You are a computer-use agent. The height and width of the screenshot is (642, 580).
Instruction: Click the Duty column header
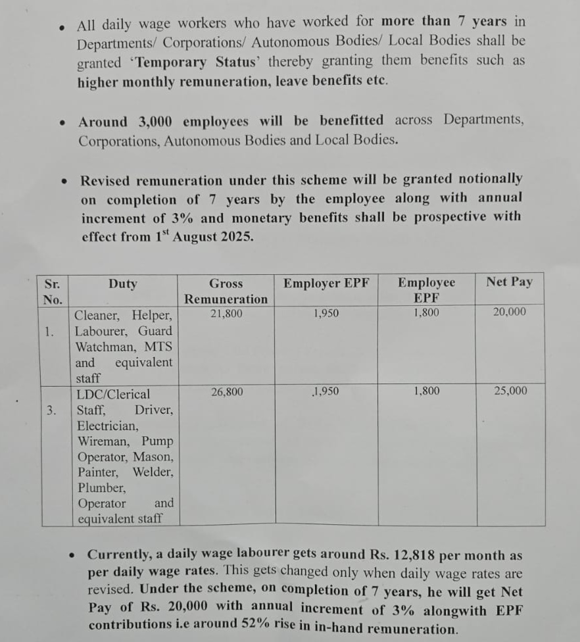(x=123, y=284)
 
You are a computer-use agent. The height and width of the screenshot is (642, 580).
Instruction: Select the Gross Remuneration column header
(x=226, y=291)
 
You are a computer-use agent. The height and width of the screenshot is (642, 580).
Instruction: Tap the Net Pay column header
(x=510, y=282)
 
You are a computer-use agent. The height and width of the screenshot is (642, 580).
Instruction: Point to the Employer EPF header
(x=327, y=284)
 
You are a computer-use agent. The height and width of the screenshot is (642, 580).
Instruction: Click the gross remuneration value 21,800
(x=226, y=314)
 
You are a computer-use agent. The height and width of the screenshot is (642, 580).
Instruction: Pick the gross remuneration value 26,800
(x=227, y=392)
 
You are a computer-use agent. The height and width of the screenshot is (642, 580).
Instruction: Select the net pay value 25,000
(x=510, y=391)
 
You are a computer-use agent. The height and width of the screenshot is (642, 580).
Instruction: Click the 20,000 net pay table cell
(x=510, y=312)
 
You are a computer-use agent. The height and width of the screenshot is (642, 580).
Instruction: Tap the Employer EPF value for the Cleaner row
(x=326, y=314)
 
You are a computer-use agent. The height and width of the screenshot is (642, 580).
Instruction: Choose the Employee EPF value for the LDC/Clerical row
(x=427, y=391)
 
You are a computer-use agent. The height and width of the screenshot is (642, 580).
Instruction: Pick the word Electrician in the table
(x=108, y=426)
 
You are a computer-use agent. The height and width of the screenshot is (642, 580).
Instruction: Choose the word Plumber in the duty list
(x=101, y=488)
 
